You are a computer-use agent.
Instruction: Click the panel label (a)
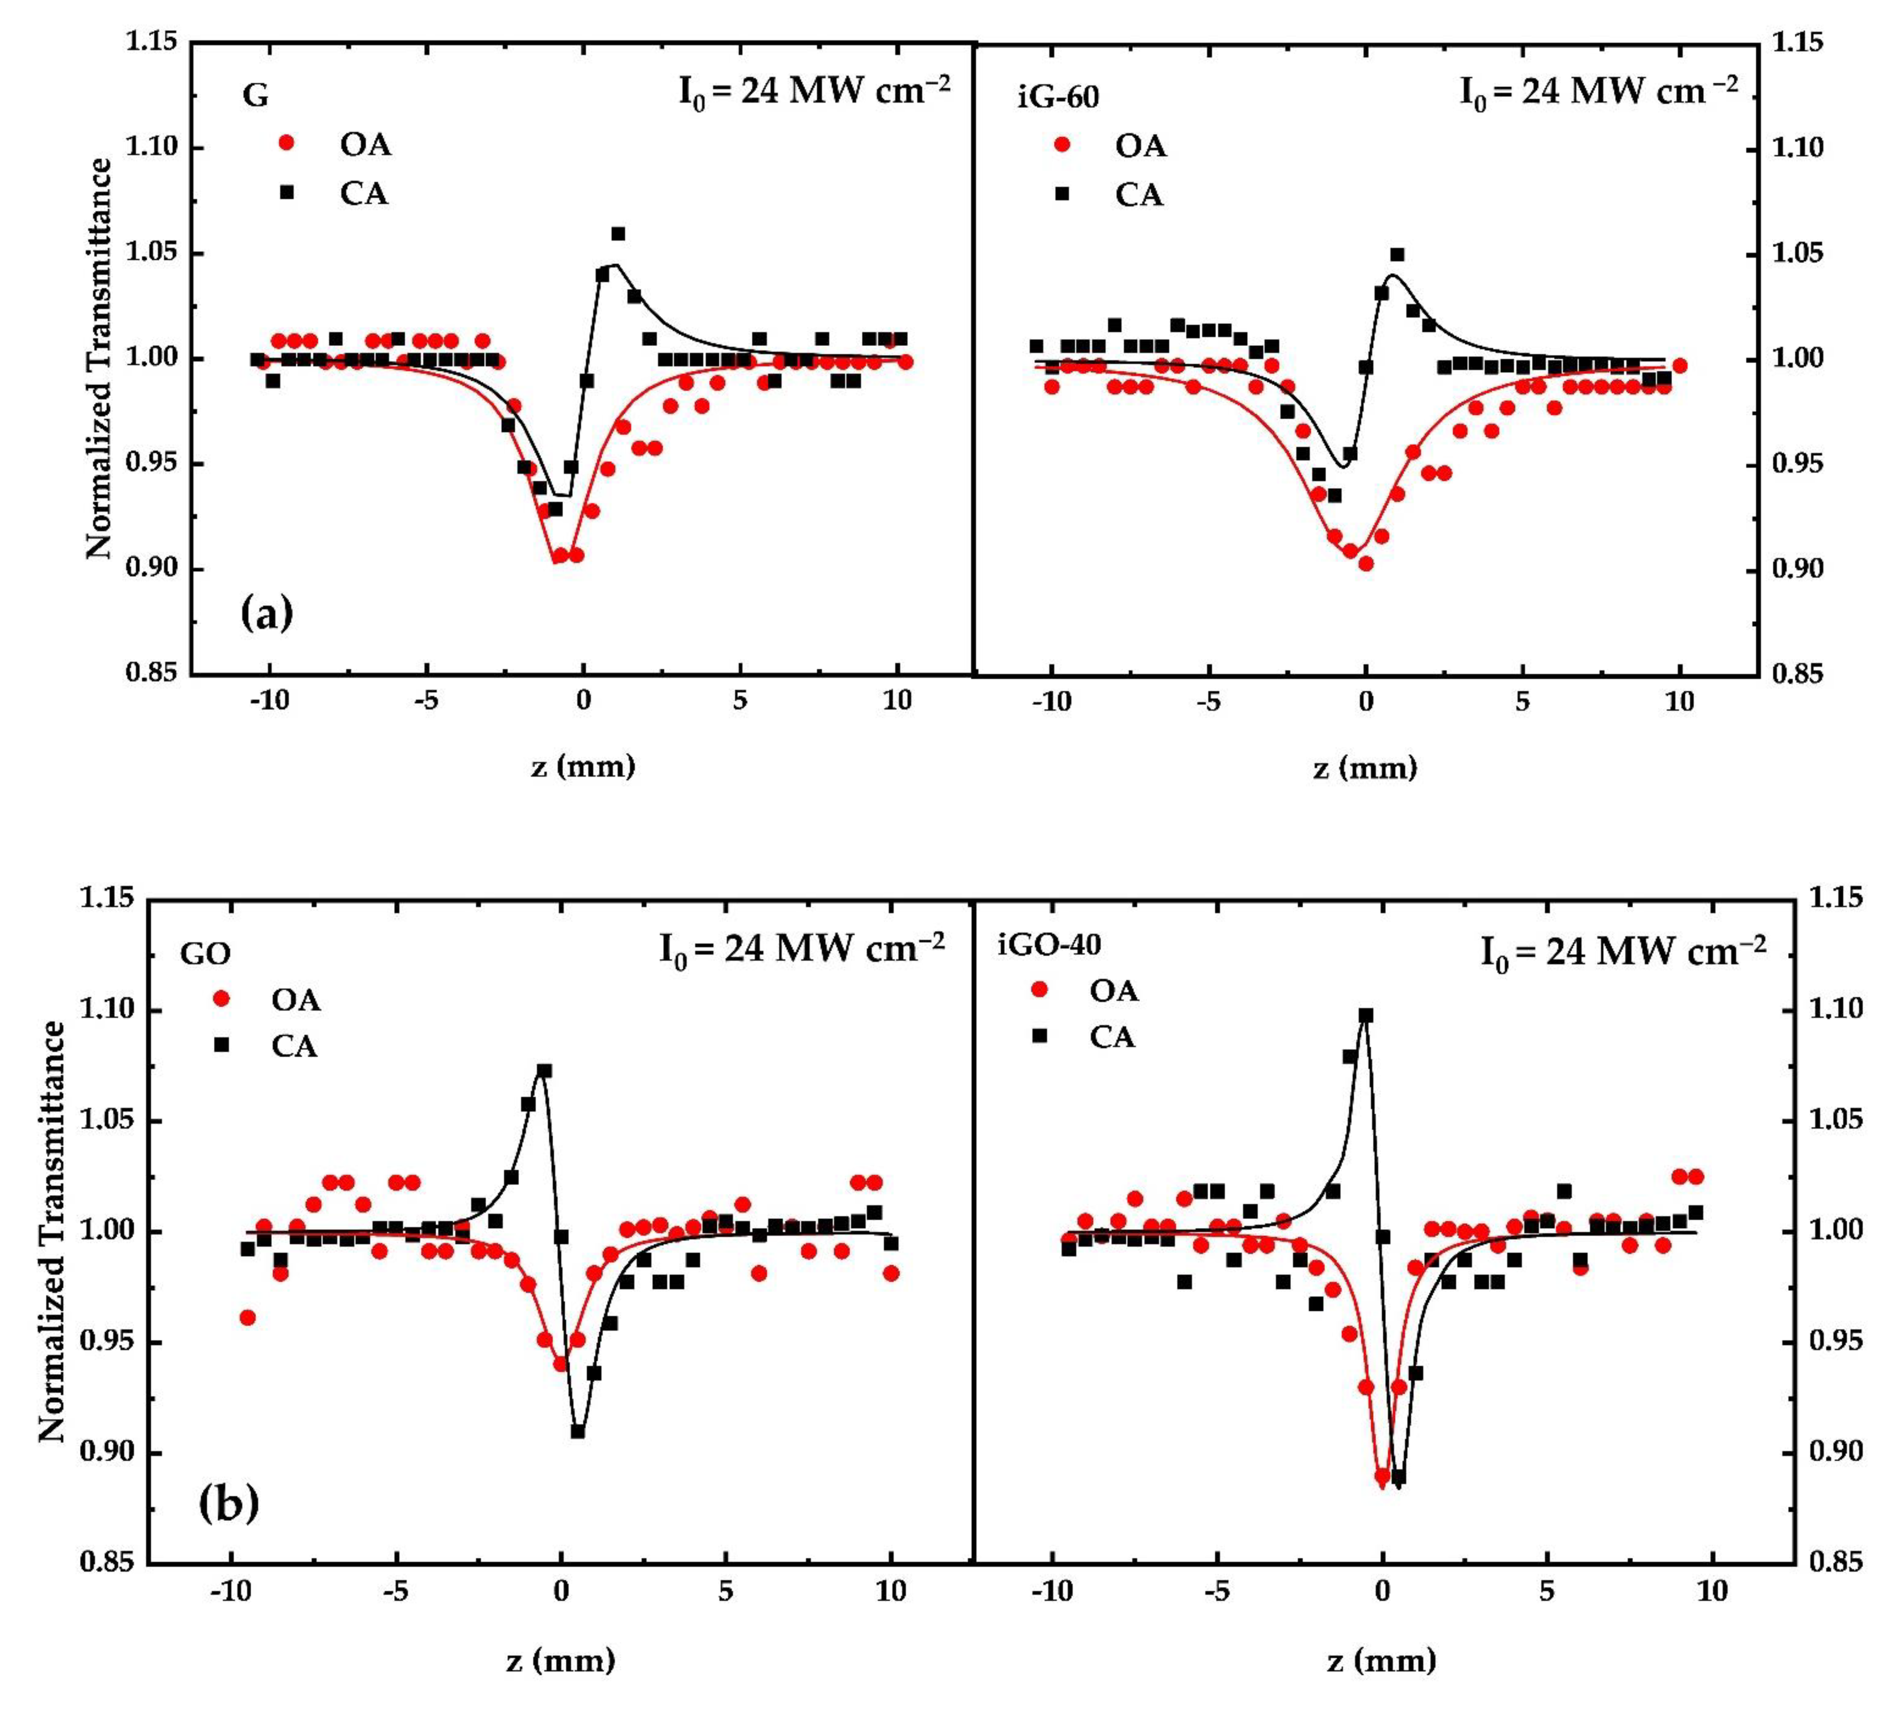267,613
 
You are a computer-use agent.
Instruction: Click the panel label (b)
228,1503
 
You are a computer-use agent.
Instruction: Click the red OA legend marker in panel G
287,143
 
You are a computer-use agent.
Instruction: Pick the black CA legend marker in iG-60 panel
1062,194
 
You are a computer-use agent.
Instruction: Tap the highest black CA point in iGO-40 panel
1366,1015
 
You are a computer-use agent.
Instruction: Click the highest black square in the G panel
617,233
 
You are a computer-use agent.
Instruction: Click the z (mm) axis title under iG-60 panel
1365,768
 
